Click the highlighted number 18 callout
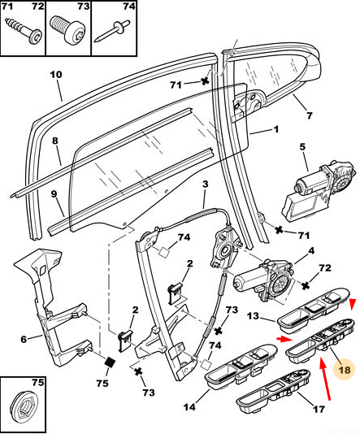[344, 370]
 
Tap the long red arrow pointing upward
[324, 379]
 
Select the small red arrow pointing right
[284, 339]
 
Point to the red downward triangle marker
[352, 305]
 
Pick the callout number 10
[56, 75]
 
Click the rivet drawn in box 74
[111, 31]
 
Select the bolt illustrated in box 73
[67, 30]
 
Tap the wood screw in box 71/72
[24, 30]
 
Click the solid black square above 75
[111, 362]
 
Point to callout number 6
[24, 339]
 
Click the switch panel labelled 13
[314, 309]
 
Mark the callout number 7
[310, 115]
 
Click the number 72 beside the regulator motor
[325, 267]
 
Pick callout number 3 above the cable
[205, 184]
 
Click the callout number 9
[54, 193]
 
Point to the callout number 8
[55, 141]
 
